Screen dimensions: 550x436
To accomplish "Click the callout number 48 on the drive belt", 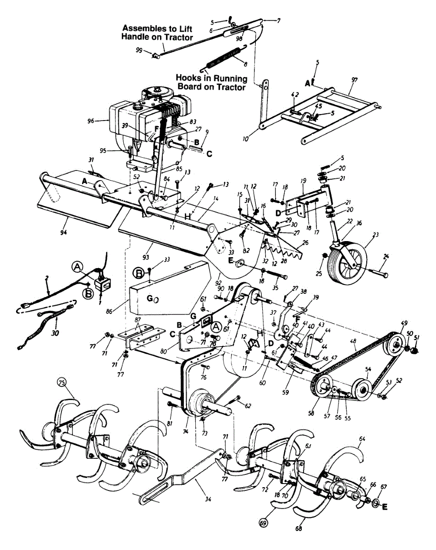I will click(353, 341).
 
